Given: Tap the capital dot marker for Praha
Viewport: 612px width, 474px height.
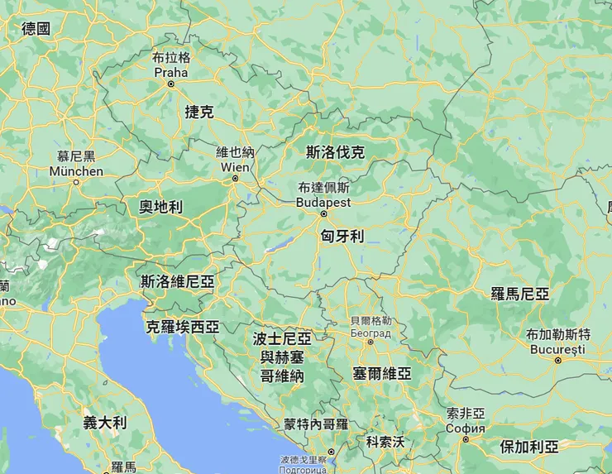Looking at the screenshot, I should coord(171,84).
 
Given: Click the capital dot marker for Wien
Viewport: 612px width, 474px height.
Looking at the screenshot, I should coord(235,178).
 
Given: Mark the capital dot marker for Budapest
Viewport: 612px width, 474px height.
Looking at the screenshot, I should coord(324,213).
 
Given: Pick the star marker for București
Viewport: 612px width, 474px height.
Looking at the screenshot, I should coord(558,360).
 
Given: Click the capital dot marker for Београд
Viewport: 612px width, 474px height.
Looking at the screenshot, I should coord(371,341).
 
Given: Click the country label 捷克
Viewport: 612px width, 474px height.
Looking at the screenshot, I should coord(199,112).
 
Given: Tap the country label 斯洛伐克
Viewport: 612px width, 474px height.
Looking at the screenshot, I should coord(335,152).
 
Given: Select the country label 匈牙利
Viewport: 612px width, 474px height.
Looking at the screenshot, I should coord(342,236).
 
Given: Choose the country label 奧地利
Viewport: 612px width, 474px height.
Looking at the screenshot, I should coord(160,207).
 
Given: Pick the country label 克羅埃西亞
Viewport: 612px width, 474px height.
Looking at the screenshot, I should coord(183,326).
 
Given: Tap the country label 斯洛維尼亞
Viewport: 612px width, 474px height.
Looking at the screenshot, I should coord(178,281).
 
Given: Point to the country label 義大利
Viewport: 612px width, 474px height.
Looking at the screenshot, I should coord(105,423).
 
